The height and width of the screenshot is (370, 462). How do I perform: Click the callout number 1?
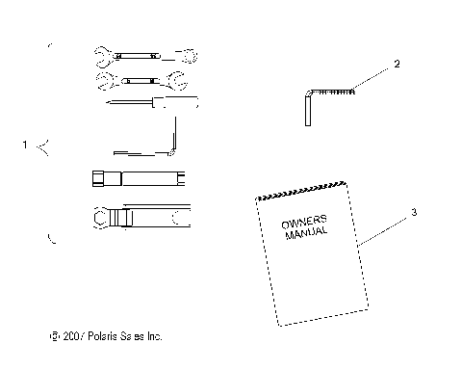[x=26, y=145]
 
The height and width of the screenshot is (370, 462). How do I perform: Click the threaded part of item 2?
[x=337, y=91]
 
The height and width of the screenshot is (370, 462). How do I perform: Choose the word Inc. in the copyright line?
[x=154, y=337]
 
